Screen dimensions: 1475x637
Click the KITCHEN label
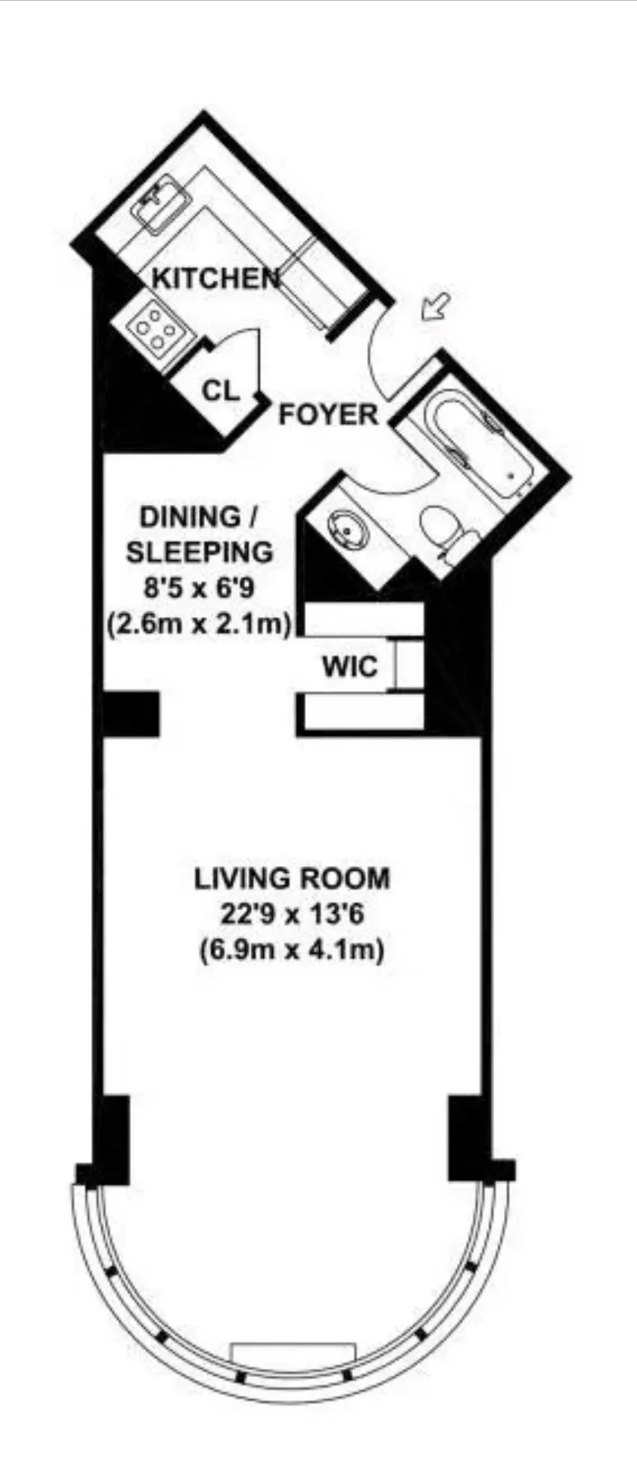click(215, 278)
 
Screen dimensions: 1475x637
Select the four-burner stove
click(156, 329)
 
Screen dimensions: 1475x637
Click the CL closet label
click(221, 390)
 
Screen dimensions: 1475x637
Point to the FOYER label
click(328, 414)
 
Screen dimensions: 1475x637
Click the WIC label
click(349, 666)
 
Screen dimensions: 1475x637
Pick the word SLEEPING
click(199, 553)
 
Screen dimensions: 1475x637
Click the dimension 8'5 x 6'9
click(199, 587)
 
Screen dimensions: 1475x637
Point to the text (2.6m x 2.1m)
click(199, 622)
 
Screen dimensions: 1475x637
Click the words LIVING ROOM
click(292, 878)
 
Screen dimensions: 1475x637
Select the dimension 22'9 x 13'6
click(292, 913)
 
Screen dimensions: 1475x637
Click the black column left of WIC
click(130, 714)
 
